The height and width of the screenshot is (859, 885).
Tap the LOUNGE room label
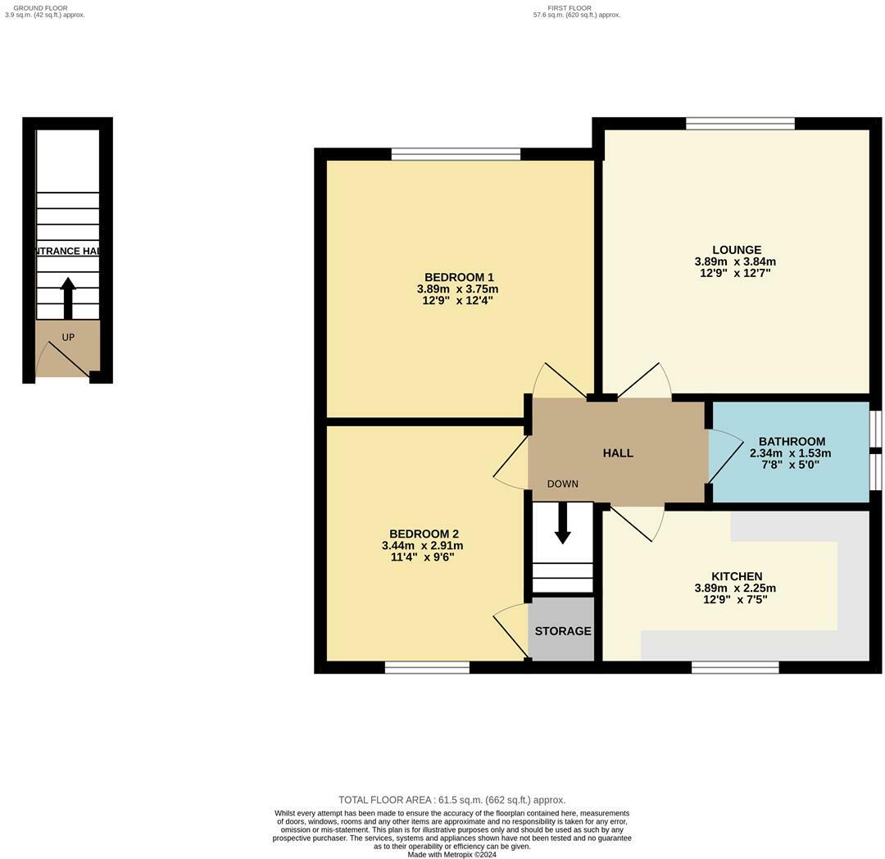coord(736,250)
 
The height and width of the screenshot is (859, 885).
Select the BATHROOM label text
coord(791,441)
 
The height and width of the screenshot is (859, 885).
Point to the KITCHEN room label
coord(736,576)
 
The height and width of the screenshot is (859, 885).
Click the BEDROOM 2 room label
coord(423,534)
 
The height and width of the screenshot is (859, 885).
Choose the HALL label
coord(618,452)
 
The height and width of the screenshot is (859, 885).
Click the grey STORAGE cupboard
coord(562,630)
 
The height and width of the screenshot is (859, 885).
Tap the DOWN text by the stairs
coord(562,484)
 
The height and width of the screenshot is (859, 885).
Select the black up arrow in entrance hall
coord(68,298)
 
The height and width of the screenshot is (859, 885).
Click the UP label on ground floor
coord(68,337)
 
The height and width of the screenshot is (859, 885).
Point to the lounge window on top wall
coord(740,124)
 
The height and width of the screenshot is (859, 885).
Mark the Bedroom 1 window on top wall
coord(456,154)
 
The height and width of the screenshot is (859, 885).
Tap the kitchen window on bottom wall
coord(735,667)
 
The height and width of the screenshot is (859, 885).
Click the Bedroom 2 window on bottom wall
coord(427,667)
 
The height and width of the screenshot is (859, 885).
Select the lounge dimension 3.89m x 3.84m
coord(735,262)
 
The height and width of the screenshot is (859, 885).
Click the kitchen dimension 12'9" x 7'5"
coord(735,600)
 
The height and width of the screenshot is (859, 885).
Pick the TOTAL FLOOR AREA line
coord(452,800)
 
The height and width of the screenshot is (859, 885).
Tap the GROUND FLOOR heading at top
coord(40,7)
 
